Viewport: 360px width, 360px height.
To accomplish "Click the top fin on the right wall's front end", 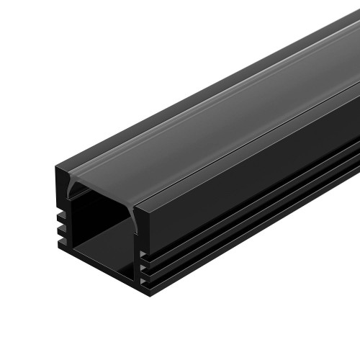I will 145,258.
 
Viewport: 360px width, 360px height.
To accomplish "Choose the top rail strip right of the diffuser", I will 252,137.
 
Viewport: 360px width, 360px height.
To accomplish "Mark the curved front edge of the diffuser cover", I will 101,186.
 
